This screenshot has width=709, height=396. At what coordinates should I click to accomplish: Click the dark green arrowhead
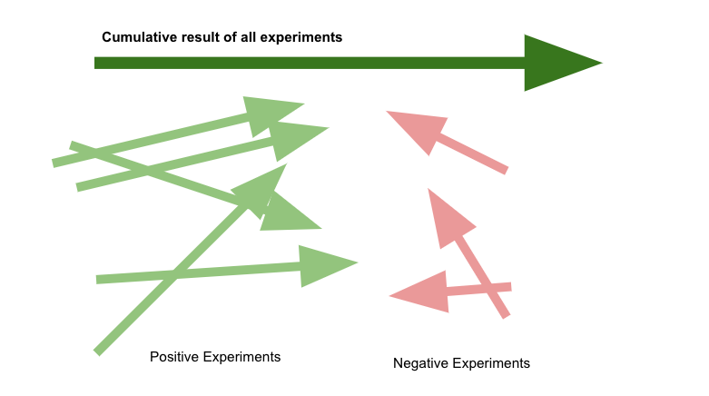coord(556,63)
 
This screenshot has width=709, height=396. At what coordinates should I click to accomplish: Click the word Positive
coord(174,357)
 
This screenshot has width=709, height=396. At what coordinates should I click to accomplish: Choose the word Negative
coord(420,363)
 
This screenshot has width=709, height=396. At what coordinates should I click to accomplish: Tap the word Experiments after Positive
coord(241,358)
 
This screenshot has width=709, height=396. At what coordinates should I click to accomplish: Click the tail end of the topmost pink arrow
coord(507,170)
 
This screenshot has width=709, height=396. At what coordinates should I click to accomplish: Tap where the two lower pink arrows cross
coord(491,288)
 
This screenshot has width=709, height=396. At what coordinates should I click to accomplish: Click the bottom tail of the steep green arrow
coord(97,352)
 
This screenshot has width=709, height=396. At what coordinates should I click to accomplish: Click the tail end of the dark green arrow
coord(95,63)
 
